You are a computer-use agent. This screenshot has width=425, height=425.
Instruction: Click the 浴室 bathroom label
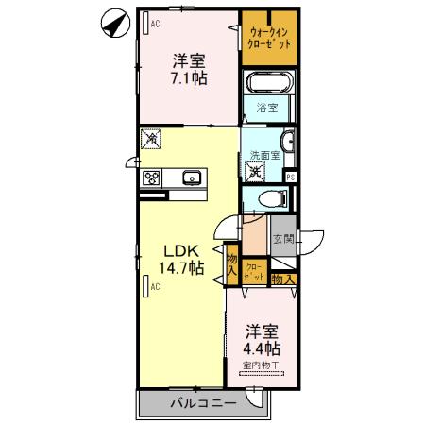(267, 109)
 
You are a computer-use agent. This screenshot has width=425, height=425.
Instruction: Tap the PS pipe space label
(291, 177)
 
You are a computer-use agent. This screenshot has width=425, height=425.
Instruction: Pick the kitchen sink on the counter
(192, 177)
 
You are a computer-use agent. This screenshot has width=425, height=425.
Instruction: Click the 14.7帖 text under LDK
(183, 268)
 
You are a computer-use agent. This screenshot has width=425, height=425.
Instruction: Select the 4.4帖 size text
(263, 348)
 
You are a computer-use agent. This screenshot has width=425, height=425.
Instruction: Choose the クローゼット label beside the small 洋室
(255, 272)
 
